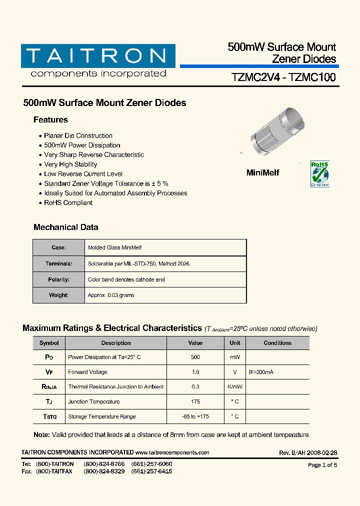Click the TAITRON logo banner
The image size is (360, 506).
98,56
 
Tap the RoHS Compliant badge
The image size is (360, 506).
320,174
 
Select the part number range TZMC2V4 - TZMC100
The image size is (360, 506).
283,77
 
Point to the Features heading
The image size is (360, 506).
50,120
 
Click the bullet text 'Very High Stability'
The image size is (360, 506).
70,164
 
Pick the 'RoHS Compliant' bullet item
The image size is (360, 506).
68,202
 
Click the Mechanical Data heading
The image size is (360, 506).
65,227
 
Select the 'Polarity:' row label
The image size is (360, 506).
58,279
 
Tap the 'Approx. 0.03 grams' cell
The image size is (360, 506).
111,295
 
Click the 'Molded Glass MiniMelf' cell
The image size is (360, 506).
114,247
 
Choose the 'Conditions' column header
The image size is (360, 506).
277,343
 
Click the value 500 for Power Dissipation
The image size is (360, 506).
195,357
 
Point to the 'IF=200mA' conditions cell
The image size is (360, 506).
261,372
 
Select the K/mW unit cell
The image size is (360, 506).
235,387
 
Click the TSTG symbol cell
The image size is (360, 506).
49,416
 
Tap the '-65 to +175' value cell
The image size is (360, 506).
195,416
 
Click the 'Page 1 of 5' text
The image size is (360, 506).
322,465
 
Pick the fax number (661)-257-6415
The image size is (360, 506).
151,471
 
